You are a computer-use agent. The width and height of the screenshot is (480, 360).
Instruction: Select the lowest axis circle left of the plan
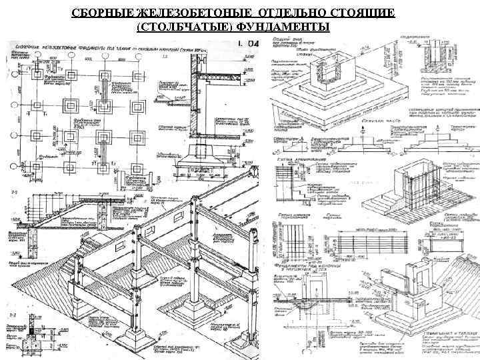tap(13, 167)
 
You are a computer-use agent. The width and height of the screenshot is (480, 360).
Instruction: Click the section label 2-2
tap(12, 191)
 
